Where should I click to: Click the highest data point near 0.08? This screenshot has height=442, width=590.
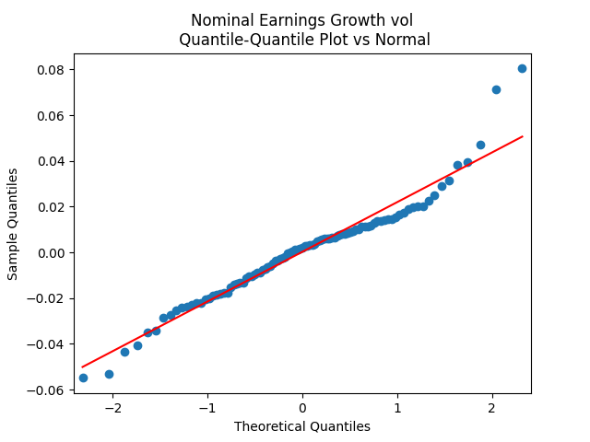[x=522, y=68]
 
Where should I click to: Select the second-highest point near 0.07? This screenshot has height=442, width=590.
[x=496, y=89]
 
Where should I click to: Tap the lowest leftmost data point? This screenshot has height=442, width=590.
[x=83, y=378]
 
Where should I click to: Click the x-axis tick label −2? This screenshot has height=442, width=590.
[x=112, y=408]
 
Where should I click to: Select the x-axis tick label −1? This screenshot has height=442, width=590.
[x=207, y=408]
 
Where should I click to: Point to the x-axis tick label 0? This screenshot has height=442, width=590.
[x=302, y=408]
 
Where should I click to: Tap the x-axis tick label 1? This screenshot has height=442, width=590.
[x=397, y=408]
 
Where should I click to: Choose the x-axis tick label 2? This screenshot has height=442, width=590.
[x=492, y=408]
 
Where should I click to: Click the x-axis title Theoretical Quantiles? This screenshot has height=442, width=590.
[x=302, y=426]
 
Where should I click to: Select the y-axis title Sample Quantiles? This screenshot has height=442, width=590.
[x=13, y=224]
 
